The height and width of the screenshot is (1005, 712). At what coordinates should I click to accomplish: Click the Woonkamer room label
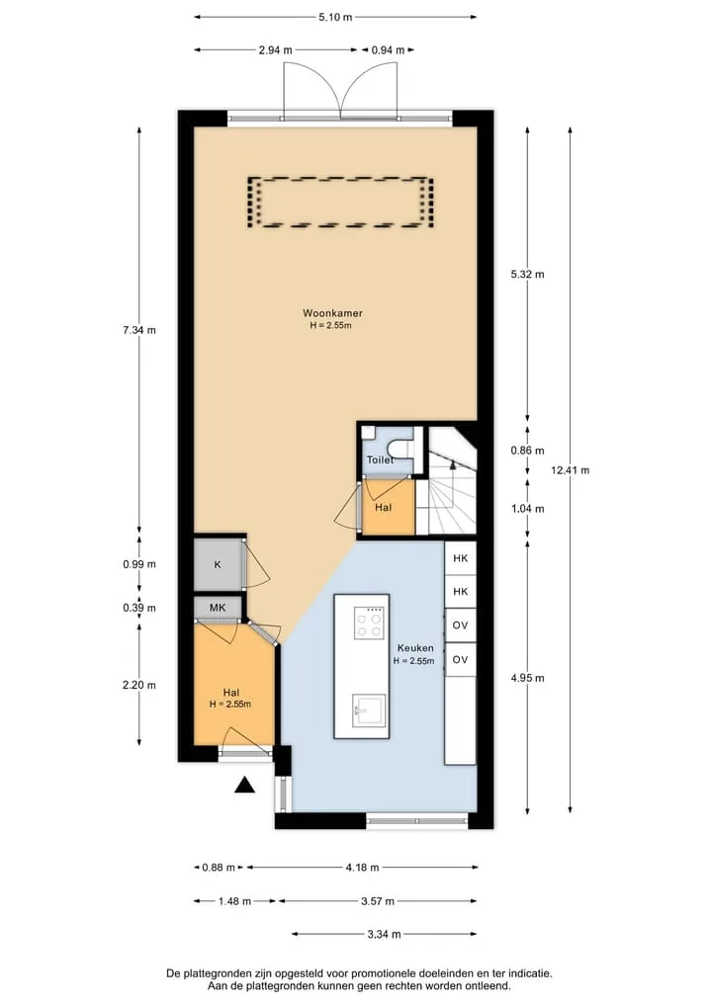click(332, 313)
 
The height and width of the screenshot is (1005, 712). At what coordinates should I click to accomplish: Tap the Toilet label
click(380, 460)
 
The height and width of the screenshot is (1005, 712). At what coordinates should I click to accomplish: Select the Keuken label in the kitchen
click(415, 648)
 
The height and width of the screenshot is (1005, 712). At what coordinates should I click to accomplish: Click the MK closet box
click(219, 607)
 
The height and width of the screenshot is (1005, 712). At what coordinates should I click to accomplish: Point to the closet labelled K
click(219, 564)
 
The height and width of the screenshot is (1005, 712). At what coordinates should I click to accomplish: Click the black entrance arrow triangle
click(244, 785)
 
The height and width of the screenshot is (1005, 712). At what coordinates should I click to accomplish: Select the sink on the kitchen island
click(369, 711)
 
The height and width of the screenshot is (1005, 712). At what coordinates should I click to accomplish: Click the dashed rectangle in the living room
click(340, 202)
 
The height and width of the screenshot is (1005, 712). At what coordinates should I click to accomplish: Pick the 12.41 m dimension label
click(570, 469)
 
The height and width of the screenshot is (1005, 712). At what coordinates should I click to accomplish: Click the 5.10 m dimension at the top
click(335, 18)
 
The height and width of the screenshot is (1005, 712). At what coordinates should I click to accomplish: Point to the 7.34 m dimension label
click(139, 330)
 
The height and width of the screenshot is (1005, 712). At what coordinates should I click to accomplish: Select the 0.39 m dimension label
click(139, 608)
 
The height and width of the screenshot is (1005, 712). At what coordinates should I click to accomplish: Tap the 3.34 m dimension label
click(385, 934)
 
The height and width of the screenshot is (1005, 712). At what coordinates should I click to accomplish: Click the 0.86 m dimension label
click(527, 451)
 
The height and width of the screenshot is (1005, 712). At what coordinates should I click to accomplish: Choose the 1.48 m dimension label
click(234, 900)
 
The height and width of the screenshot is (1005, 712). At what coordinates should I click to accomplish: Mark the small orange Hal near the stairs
click(384, 507)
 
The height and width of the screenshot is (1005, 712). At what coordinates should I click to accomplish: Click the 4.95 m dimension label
click(527, 678)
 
